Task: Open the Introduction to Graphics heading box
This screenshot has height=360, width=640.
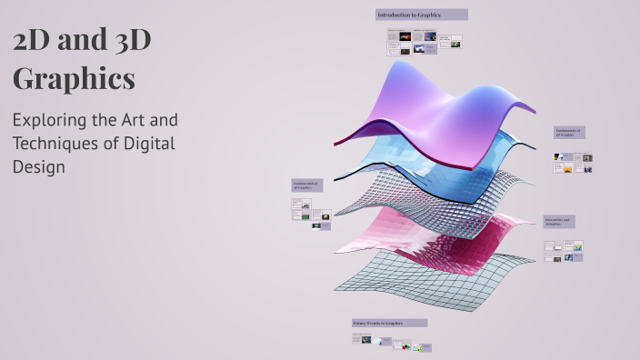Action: click(422, 15)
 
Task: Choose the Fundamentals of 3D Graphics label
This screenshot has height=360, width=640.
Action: click(569, 133)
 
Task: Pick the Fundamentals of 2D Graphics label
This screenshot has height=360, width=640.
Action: click(306, 185)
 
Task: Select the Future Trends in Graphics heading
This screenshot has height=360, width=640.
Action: click(389, 323)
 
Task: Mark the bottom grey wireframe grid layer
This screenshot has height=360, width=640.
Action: click(427, 282)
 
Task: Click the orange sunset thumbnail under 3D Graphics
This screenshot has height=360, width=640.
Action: click(567, 168)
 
